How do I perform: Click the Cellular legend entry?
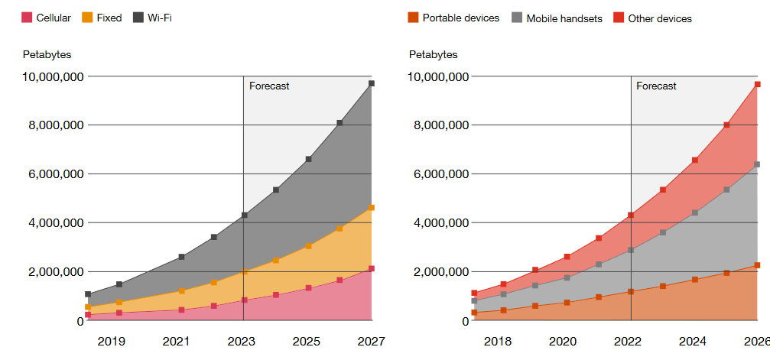(46, 18)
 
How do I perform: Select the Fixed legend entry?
(102, 18)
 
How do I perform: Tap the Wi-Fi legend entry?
(152, 18)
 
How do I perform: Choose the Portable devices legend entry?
(453, 18)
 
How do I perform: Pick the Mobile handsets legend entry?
(557, 18)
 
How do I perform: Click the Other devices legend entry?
(653, 18)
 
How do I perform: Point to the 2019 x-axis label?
(112, 342)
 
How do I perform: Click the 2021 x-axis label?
(177, 342)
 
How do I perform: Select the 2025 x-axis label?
(307, 342)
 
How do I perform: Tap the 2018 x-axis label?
(498, 342)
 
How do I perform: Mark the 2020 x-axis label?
(563, 342)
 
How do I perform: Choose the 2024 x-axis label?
(693, 342)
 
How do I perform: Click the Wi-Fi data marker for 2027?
(372, 83)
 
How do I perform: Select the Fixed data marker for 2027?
(372, 208)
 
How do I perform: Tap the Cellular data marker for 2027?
(372, 268)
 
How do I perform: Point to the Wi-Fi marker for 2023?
(244, 215)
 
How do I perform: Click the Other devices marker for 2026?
(758, 85)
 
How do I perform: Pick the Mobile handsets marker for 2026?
(757, 164)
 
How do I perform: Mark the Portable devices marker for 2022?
(631, 292)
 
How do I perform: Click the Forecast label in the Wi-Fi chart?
(269, 86)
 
